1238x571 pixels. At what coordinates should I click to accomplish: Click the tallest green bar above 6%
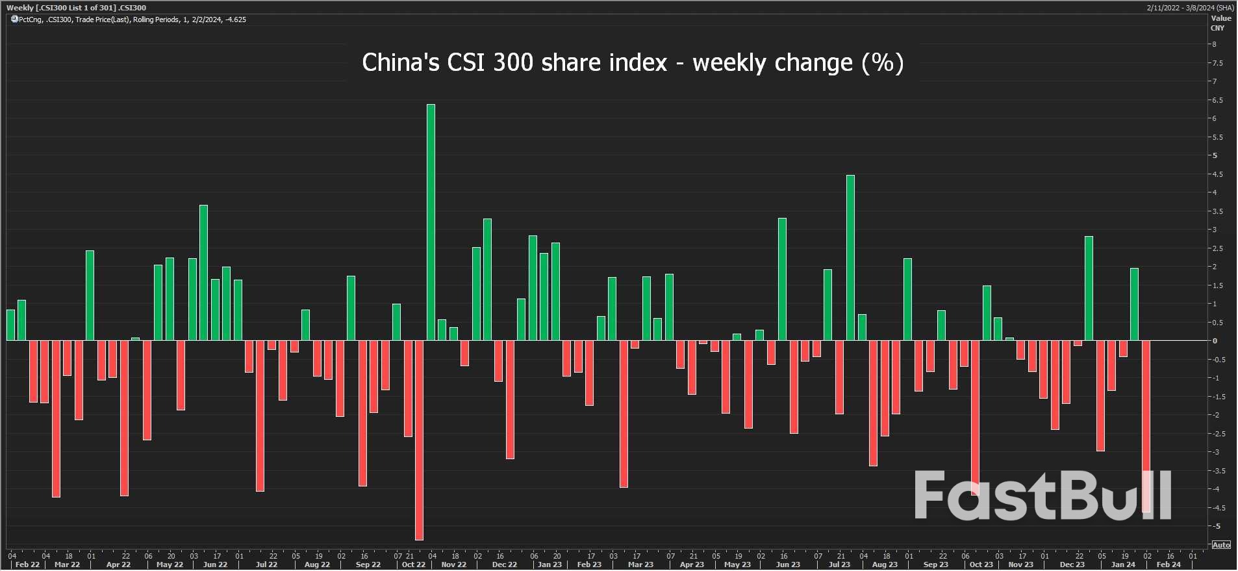click(431, 221)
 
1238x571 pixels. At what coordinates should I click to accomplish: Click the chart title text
click(632, 63)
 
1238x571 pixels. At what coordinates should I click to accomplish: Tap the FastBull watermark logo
click(1042, 496)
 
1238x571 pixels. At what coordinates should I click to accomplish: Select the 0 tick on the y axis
click(1215, 341)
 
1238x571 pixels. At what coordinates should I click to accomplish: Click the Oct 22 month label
click(413, 564)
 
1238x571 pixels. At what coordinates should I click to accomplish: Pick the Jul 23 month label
click(839, 564)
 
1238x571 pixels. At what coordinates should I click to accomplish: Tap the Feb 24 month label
click(1168, 564)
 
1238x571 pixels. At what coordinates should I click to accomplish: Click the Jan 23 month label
click(550, 564)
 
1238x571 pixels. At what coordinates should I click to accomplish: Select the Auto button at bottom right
click(1220, 545)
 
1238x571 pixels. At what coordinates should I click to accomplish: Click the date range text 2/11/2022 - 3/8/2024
click(1190, 8)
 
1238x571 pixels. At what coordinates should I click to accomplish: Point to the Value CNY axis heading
click(1220, 23)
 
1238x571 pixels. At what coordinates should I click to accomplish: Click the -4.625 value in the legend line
click(235, 20)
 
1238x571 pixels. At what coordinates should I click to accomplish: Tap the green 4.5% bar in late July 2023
click(850, 258)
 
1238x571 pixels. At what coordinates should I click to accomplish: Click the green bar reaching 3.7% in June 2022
click(203, 272)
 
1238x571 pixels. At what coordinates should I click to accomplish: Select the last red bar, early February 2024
click(1146, 426)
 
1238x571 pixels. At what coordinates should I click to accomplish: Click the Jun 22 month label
click(215, 564)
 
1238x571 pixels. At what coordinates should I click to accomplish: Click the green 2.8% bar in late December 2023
click(1089, 288)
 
